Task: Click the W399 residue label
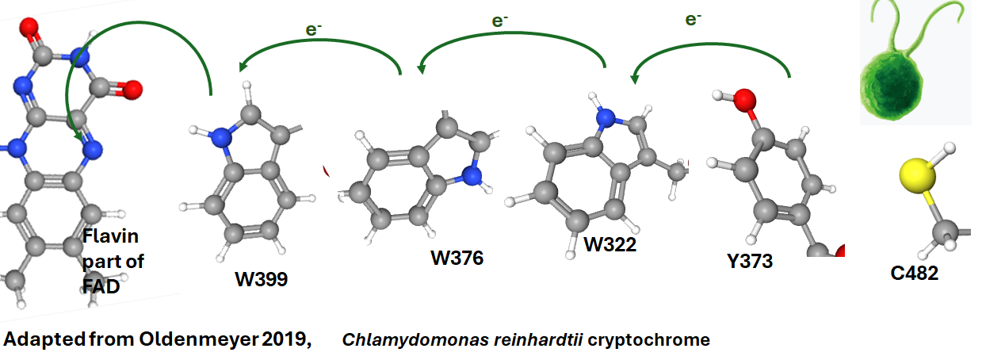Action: [261, 280]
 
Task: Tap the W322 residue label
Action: [610, 243]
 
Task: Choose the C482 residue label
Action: [915, 274]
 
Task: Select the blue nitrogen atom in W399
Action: [223, 138]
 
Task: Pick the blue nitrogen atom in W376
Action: [472, 175]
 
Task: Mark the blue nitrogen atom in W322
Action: [606, 119]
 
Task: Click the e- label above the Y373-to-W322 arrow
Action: [694, 18]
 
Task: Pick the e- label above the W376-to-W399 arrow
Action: [313, 29]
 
